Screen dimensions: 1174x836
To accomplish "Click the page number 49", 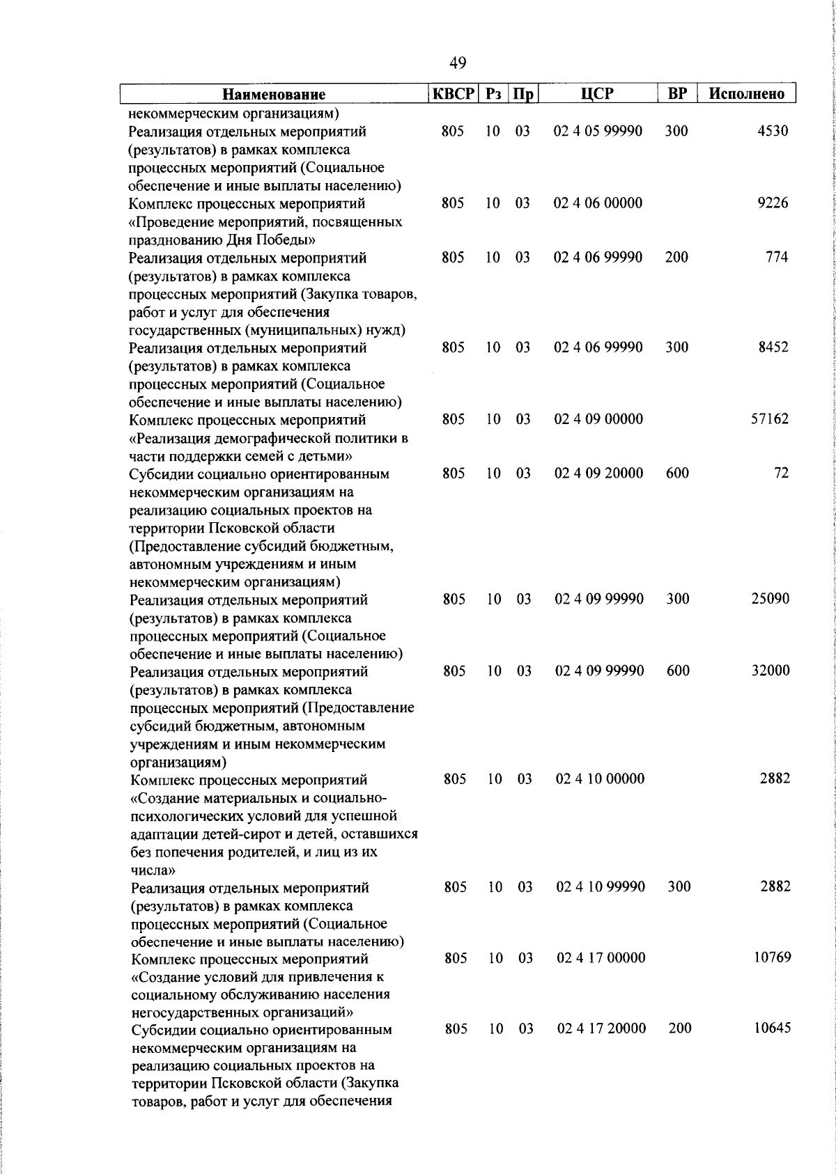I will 458,63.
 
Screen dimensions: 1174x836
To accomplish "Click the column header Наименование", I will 274,94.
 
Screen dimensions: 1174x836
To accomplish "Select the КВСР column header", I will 453,93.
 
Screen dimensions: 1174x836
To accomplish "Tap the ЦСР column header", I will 598,93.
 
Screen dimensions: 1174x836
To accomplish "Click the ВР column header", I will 677,93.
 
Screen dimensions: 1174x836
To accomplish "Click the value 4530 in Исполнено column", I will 773,131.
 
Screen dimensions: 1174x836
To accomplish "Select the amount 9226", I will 773,203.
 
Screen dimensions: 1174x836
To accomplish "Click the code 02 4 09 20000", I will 598,473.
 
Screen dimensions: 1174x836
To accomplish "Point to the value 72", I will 781,473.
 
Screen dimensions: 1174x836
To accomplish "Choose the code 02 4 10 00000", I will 600,778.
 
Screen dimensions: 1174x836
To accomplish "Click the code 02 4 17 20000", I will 601,1028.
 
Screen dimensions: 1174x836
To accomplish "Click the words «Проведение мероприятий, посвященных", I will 265,222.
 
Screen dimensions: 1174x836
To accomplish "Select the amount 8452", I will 773,347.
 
